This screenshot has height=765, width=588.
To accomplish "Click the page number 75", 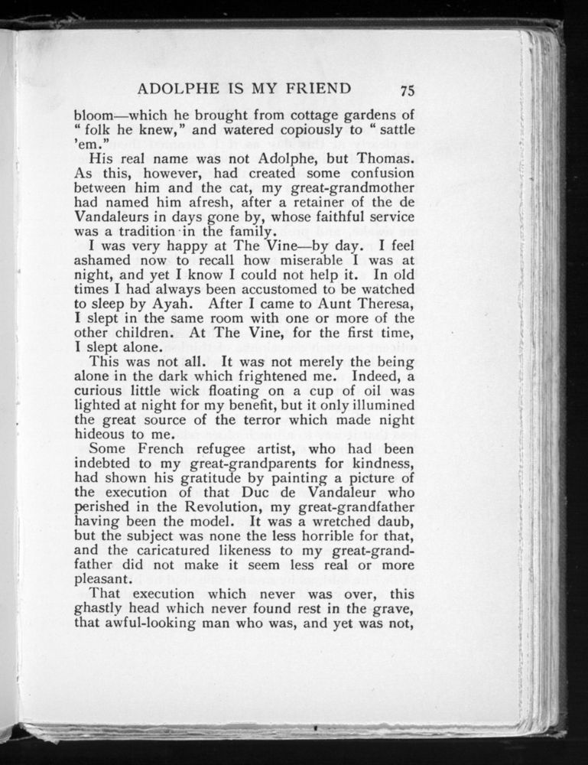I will click(406, 90).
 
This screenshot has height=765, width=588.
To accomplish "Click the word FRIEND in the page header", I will click(315, 88).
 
